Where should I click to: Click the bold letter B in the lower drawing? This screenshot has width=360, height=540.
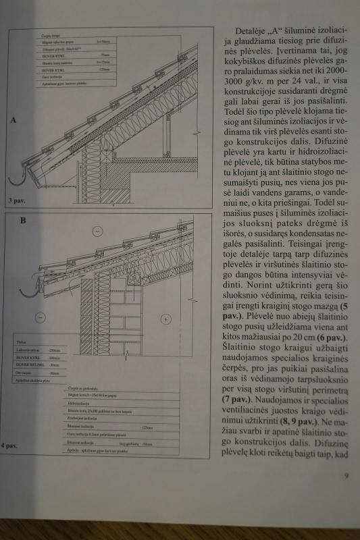(24, 221)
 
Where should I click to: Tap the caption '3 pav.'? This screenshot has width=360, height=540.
(16, 200)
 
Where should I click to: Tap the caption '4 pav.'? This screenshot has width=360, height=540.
(10, 446)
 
